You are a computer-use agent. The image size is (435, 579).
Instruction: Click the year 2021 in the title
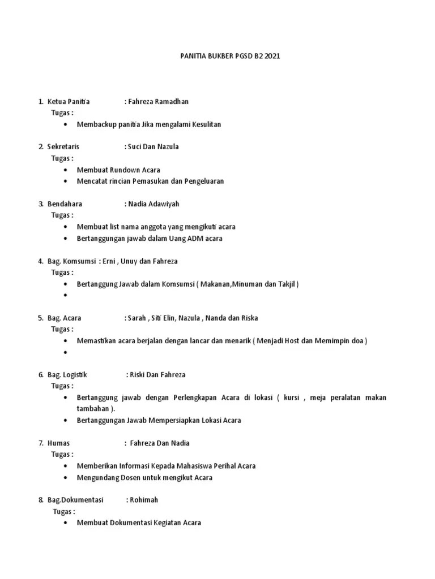272,56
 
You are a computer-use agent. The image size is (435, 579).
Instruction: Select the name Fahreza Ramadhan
158,102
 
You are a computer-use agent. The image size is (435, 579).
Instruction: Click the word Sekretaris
63,147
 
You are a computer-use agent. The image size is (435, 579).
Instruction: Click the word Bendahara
65,204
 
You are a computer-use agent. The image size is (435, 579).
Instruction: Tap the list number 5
40,318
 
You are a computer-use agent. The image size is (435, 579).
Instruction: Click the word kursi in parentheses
292,397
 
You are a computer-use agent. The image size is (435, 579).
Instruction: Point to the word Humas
58,443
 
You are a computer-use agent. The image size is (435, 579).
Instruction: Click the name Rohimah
144,500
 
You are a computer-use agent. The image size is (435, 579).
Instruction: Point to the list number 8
40,500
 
